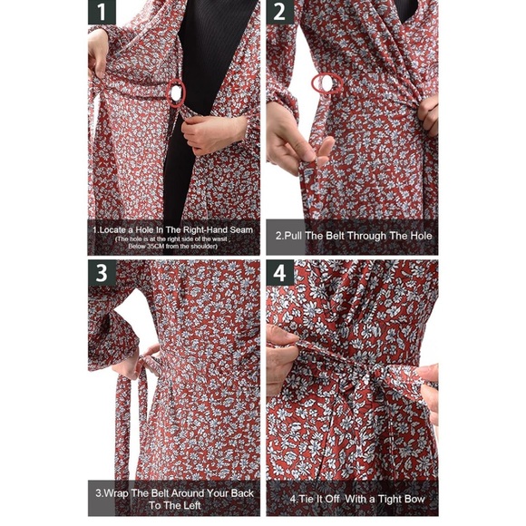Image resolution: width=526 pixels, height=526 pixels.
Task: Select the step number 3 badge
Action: coord(102,273)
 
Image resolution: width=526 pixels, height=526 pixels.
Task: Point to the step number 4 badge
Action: coord(279,273)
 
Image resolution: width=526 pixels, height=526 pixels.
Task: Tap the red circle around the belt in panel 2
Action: coord(322,84)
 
